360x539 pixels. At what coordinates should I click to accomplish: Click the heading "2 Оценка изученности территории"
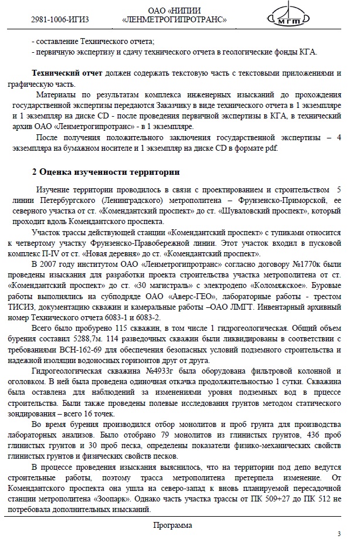click(x=105, y=173)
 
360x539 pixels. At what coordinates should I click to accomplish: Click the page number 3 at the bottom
click(x=338, y=533)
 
